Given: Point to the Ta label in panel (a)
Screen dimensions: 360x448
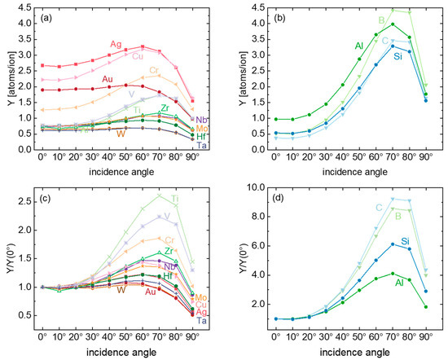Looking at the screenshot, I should coord(201,145).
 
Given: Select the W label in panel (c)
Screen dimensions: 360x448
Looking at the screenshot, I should coord(121,289).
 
